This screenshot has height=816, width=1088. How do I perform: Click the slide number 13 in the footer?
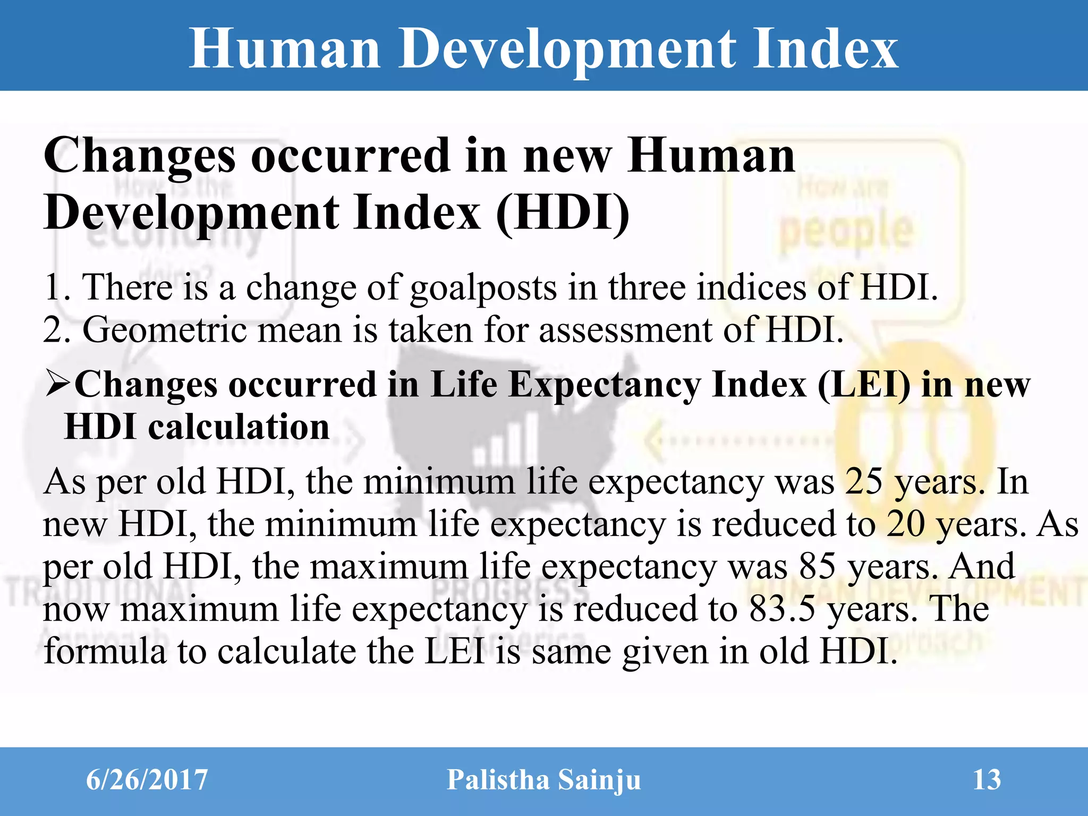click(987, 780)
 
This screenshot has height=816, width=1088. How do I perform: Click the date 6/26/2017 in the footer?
click(147, 780)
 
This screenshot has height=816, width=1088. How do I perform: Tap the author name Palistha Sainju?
click(543, 780)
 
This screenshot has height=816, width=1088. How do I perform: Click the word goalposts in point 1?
click(483, 287)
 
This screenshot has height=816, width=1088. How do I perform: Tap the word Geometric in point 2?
click(164, 330)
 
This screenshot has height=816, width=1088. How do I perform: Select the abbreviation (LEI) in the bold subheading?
click(863, 384)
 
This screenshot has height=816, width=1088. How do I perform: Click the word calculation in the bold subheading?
click(239, 427)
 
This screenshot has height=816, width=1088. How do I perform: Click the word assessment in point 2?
click(625, 330)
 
